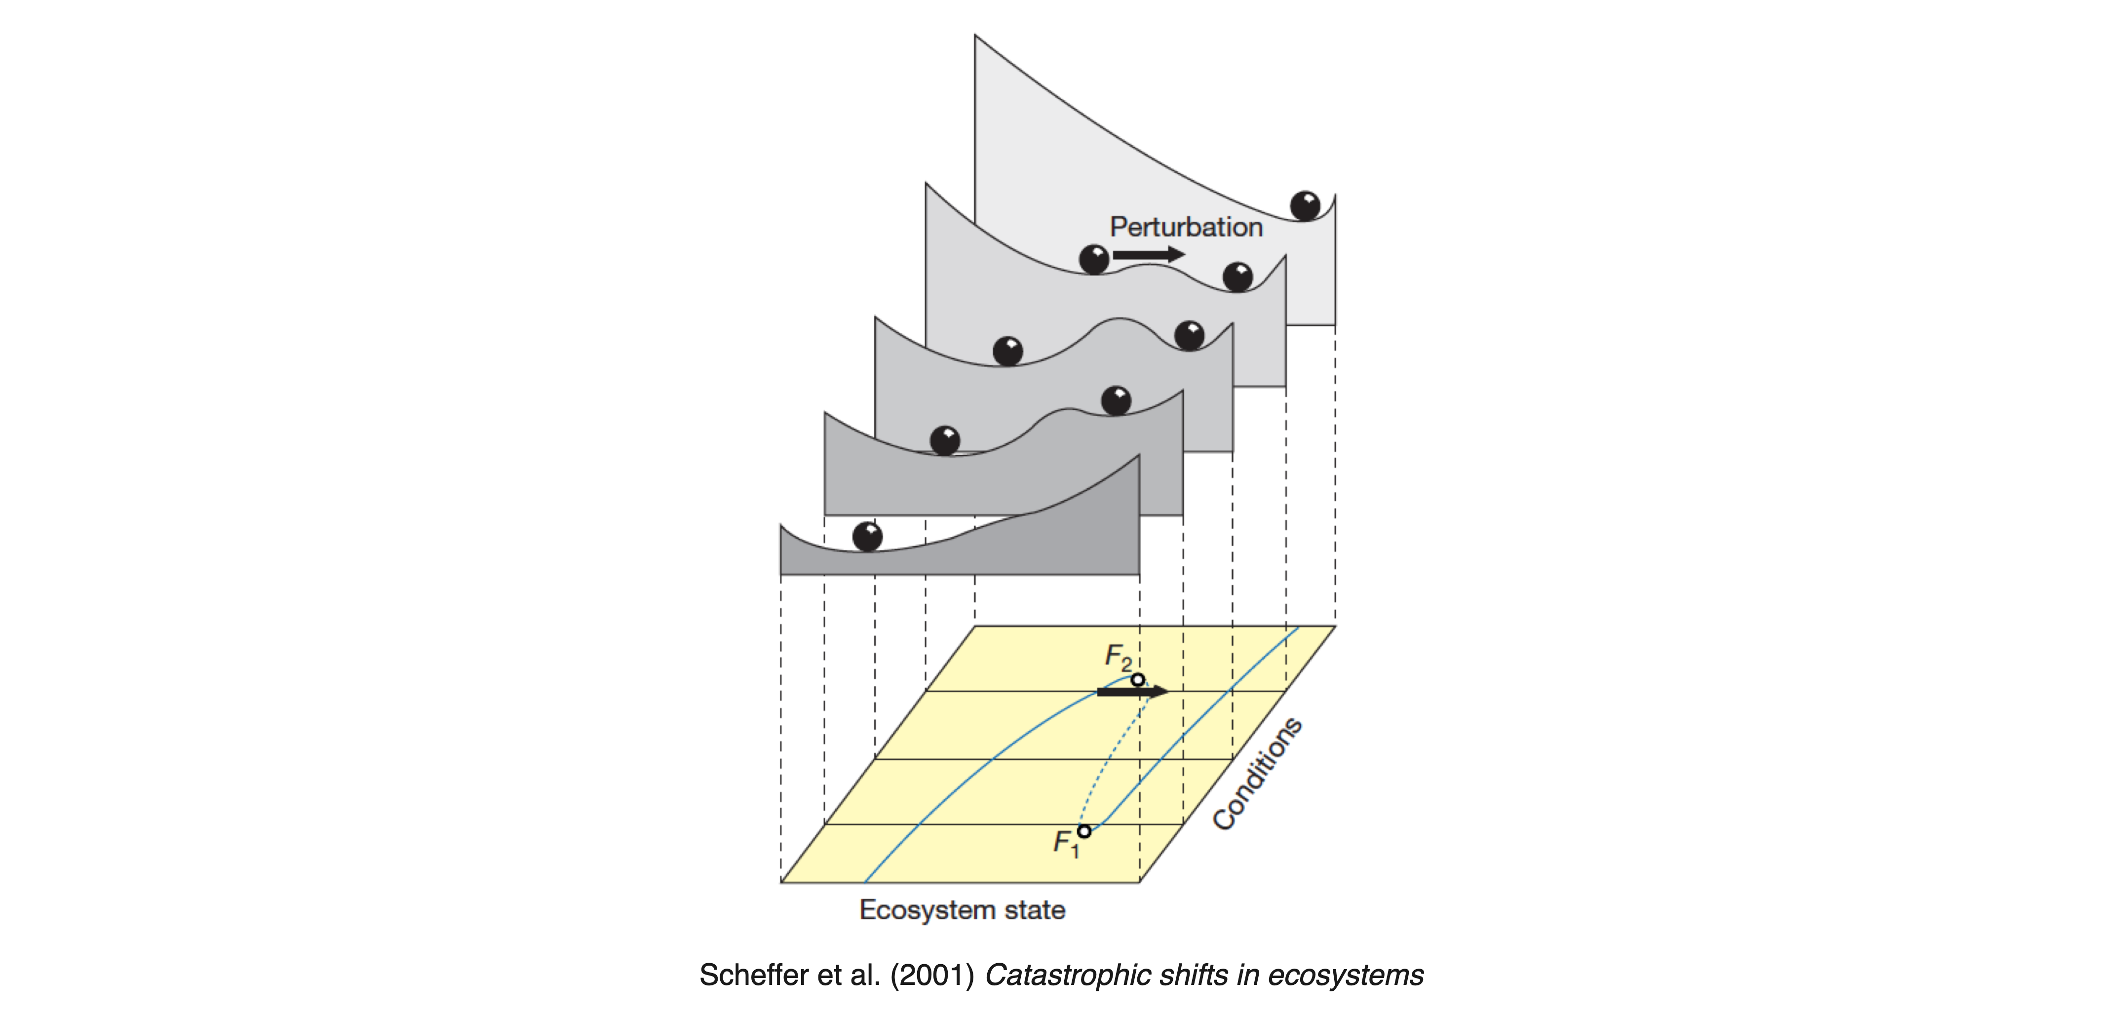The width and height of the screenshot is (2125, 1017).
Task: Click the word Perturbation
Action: tap(1186, 227)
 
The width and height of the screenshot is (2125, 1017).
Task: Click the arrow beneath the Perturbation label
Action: tap(1149, 254)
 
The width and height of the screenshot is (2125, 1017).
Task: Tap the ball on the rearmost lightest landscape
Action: tap(1305, 205)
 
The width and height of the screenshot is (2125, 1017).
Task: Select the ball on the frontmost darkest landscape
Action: tap(867, 536)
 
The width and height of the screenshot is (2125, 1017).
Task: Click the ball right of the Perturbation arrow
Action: tap(1237, 276)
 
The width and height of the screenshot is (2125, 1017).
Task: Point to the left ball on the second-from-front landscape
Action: tap(945, 440)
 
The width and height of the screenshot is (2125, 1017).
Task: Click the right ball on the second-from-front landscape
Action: tap(1116, 400)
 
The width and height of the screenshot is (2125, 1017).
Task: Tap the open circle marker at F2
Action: tap(1138, 680)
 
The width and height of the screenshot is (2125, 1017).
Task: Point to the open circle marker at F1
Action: tap(1084, 830)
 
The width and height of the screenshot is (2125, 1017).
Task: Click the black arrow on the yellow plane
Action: tap(1133, 691)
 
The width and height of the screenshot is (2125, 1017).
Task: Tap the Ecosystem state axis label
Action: tap(962, 910)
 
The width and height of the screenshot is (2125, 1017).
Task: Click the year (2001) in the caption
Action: tap(932, 975)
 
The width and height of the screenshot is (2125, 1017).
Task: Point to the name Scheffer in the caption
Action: tap(754, 975)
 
